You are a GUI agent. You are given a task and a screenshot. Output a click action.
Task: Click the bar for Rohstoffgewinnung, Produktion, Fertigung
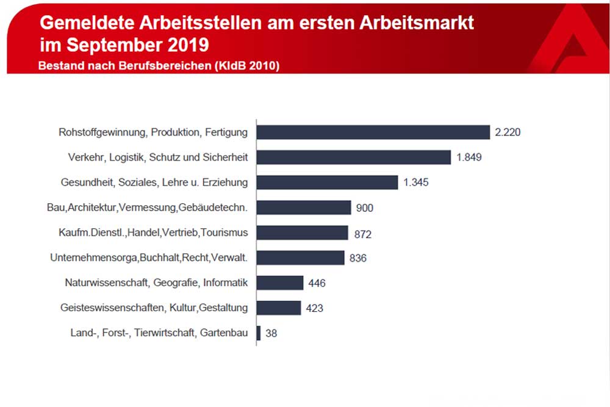[x=373, y=132]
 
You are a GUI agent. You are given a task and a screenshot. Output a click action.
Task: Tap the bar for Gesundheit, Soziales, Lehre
[x=327, y=182]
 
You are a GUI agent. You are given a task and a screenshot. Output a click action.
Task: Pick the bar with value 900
[x=304, y=207]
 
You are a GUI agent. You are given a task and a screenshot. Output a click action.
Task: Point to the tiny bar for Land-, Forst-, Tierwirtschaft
[x=259, y=333]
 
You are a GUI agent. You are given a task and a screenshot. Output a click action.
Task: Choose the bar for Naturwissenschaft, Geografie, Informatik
[x=280, y=283]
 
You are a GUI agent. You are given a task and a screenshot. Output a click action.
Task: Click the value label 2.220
[x=508, y=132]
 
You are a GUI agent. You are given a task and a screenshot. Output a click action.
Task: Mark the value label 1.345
[x=415, y=182]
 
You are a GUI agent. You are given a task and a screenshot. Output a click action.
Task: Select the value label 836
[x=358, y=258]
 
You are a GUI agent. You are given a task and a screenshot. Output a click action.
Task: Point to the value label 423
[x=314, y=308]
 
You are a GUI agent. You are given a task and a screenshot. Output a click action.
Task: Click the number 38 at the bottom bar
[x=271, y=333]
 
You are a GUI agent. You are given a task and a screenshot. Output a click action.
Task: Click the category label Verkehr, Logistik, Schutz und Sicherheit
[x=157, y=157]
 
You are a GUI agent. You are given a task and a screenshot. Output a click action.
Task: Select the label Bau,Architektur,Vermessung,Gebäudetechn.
[x=147, y=207]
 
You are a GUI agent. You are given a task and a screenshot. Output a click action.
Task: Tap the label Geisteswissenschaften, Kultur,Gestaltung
[x=154, y=308]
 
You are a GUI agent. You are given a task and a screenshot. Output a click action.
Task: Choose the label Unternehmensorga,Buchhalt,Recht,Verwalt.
[x=149, y=258]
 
